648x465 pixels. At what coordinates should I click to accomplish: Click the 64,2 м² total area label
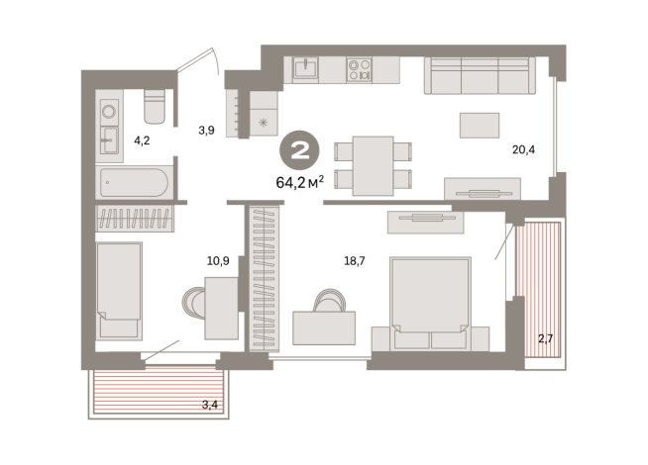click(x=299, y=181)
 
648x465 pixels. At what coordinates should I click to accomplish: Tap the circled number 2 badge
click(x=300, y=150)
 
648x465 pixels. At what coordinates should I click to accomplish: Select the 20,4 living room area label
click(x=523, y=149)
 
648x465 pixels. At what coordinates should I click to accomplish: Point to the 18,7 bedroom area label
click(x=355, y=261)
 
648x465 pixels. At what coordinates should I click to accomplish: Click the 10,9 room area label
click(x=218, y=261)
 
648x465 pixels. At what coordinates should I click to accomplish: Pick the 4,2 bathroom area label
click(x=142, y=140)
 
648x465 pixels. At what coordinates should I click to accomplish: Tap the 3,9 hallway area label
click(x=206, y=131)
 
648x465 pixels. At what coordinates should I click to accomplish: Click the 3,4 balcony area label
click(x=209, y=405)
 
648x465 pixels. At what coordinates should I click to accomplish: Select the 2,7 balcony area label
click(x=545, y=339)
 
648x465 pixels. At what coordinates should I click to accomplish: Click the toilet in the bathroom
click(x=155, y=106)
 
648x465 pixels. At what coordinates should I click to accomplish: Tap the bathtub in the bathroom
click(x=134, y=182)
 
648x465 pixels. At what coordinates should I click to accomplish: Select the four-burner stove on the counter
click(x=359, y=69)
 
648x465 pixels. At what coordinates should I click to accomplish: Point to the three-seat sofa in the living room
click(x=480, y=75)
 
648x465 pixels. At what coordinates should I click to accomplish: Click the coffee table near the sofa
click(x=480, y=126)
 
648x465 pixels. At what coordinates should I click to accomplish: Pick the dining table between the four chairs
click(x=373, y=166)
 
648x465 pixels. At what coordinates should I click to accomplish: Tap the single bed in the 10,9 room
click(x=119, y=291)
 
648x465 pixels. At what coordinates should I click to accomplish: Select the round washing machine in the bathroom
click(x=109, y=112)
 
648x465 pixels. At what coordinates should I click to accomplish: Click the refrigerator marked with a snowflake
click(x=264, y=114)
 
